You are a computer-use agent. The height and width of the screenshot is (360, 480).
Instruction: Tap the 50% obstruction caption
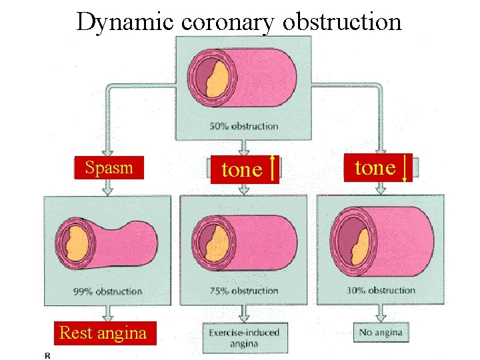pos(244,126)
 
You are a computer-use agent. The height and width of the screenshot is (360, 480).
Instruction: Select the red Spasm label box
pos(109,168)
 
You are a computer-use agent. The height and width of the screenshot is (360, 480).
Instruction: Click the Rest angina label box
pos(103,333)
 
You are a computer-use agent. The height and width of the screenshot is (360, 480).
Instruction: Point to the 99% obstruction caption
pos(108,291)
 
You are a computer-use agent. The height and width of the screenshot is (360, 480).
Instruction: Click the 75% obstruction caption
pos(244,291)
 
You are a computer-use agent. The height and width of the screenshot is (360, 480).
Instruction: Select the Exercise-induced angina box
pos(244,337)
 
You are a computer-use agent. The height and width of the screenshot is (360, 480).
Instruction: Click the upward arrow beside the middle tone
pos(273,169)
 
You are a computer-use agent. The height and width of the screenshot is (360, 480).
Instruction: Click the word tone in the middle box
pos(241,170)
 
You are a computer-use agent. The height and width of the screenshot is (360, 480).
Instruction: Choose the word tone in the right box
pos(375,168)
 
